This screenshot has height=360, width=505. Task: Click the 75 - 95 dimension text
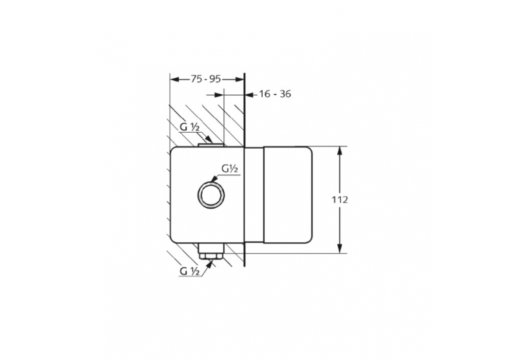click(206, 79)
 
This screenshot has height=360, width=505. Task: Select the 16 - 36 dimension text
click(275, 94)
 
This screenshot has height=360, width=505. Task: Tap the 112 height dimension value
click(340, 200)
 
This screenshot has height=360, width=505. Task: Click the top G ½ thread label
click(189, 127)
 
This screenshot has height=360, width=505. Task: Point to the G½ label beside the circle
click(230, 168)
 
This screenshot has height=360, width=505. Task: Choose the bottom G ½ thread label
click(189, 271)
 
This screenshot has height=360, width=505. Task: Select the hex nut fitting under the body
click(211, 252)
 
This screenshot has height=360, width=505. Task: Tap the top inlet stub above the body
click(211, 146)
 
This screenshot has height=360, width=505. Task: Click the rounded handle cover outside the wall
click(288, 195)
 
